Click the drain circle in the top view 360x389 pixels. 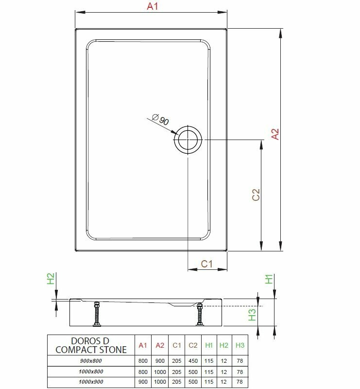tap(187, 140)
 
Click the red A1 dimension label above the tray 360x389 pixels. tap(152, 7)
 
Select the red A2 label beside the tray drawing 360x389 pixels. tap(275, 135)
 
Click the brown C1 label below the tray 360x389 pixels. tap(207, 264)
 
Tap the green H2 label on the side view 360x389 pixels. tap(51, 279)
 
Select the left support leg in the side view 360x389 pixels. tap(96, 314)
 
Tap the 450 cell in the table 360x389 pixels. tap(193, 361)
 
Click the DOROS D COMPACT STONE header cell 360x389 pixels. tap(91, 345)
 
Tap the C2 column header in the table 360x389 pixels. tap(193, 345)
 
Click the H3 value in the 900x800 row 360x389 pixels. tap(240, 361)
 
